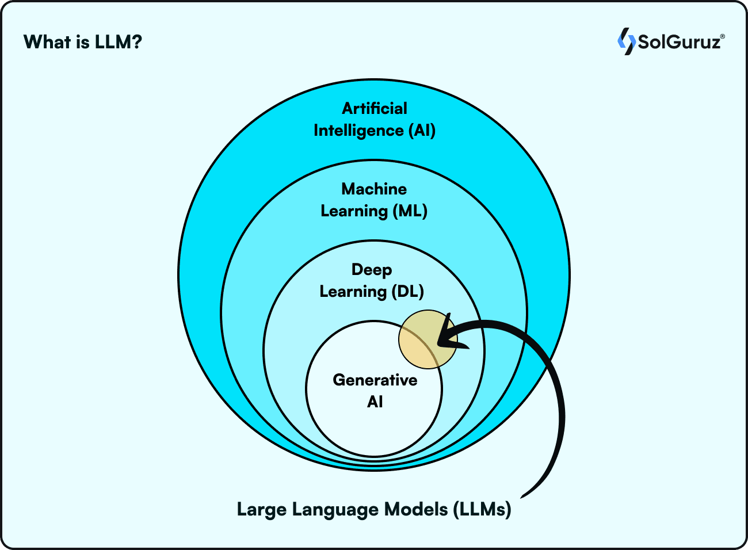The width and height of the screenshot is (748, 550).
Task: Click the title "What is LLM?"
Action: pos(83,42)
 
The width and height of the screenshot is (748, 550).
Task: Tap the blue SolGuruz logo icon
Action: pos(625,41)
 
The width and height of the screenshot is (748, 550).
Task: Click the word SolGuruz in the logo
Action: pos(679,42)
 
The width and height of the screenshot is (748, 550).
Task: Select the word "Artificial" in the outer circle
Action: pos(375,108)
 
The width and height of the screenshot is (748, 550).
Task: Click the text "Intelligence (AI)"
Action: pos(375,131)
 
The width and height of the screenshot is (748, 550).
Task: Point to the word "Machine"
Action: pos(374,189)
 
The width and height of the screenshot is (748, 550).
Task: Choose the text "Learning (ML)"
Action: pos(374,211)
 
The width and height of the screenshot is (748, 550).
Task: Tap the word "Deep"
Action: pos(372,269)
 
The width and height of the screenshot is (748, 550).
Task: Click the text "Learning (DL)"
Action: pos(372,292)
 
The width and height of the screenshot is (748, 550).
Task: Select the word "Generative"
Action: pos(375,380)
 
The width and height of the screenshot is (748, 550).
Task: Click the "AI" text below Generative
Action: pos(375,402)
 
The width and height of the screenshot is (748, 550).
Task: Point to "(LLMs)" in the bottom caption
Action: pos(482,510)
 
